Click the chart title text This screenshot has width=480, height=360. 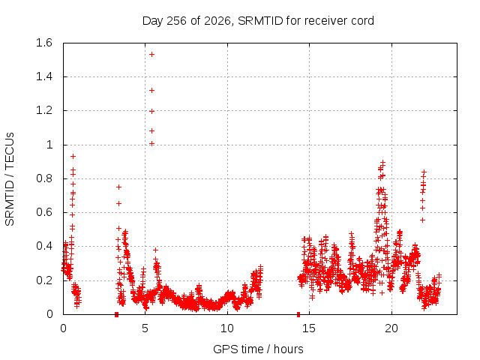coord(258,21)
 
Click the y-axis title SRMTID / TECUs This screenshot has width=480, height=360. coord(10,179)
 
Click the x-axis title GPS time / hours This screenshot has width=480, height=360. coord(258,349)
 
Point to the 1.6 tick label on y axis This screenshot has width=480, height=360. coord(44,43)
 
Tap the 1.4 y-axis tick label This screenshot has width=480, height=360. coord(44,76)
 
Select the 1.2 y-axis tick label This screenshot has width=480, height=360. coord(44,110)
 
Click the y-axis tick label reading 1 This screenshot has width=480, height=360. coord(49,145)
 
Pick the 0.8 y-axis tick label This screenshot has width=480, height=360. coord(44,178)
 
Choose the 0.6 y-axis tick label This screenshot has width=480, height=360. coord(44,212)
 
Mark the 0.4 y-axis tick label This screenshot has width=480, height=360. coord(44,246)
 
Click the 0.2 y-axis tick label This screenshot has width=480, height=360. coord(44,280)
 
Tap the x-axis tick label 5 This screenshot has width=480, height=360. coord(145,328)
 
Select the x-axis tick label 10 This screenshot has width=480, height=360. coord(227,328)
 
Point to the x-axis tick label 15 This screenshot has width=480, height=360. coord(309,328)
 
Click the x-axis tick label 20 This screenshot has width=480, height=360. coord(391,328)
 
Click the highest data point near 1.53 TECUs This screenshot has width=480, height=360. coord(151,55)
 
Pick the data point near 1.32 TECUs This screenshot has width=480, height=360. coord(151,91)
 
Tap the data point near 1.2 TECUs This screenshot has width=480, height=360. coord(151,112)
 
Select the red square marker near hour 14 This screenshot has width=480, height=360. coord(298,315)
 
